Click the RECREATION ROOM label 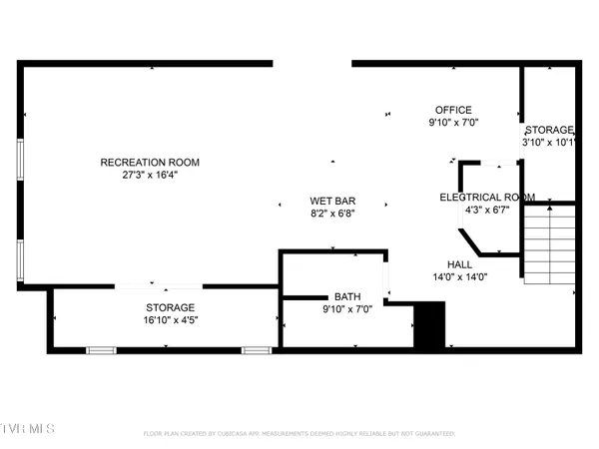pos(150,163)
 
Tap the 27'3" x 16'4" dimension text pos(150,176)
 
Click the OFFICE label pos(453,110)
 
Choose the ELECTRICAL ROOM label pos(487,197)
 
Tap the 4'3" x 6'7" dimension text pos(487,210)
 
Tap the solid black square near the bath pos(428,326)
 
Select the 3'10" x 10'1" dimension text pos(549,143)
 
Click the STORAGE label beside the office pos(549,131)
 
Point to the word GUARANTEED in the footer pos(434,434)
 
